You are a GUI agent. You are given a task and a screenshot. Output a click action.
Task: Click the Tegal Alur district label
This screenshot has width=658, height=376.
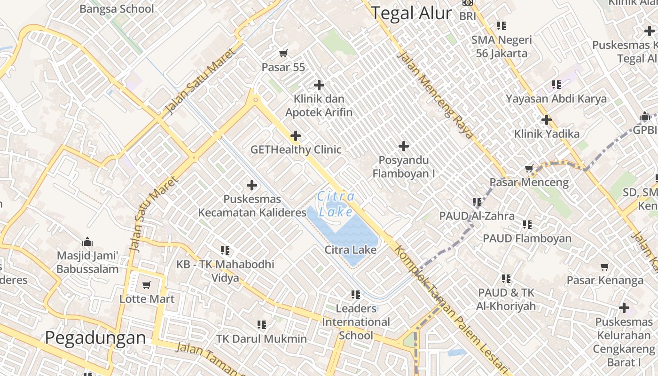click(x=411, y=13)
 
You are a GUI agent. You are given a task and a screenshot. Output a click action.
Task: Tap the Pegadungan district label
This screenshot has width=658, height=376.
click(x=95, y=337)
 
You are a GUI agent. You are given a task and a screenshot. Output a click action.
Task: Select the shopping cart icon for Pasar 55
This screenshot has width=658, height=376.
click(x=283, y=54)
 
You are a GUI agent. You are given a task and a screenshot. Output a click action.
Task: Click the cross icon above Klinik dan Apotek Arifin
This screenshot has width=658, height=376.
click(x=319, y=85)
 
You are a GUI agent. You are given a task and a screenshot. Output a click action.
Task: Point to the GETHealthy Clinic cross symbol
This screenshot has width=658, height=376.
click(x=296, y=136)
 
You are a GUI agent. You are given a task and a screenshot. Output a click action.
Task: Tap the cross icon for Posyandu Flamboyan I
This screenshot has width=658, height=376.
click(x=403, y=146)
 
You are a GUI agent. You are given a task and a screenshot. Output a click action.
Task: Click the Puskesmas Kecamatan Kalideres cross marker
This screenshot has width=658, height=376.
click(x=252, y=185)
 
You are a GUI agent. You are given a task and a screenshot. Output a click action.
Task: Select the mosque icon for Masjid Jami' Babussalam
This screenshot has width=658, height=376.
click(x=87, y=242)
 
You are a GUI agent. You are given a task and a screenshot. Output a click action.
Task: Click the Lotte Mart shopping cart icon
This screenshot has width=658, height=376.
click(x=147, y=285)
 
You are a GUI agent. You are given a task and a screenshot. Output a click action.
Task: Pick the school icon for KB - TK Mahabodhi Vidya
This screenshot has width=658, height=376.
click(x=225, y=251)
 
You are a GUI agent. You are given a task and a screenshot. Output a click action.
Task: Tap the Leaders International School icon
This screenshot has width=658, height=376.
click(x=356, y=295)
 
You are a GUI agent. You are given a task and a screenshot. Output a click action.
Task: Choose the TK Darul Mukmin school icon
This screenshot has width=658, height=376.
click(x=262, y=325)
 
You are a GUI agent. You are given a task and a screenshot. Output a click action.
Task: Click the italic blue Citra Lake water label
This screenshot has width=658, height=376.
click(x=336, y=204)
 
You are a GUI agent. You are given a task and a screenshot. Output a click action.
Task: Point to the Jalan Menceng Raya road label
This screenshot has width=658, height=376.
click(x=435, y=95)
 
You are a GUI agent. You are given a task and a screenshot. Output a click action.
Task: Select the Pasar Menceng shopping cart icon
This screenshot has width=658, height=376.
click(x=529, y=169)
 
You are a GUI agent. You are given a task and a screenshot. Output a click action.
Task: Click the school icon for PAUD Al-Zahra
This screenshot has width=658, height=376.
click(x=477, y=202)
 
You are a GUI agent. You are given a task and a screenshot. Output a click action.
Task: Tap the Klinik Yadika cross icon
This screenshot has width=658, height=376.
click(x=546, y=120)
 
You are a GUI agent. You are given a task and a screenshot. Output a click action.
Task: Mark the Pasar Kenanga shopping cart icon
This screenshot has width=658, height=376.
click(x=605, y=267)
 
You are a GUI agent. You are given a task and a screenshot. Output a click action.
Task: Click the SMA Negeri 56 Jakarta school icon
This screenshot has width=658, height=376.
click(x=501, y=26)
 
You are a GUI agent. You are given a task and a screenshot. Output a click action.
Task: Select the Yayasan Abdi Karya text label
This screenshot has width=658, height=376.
click(x=556, y=99)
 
